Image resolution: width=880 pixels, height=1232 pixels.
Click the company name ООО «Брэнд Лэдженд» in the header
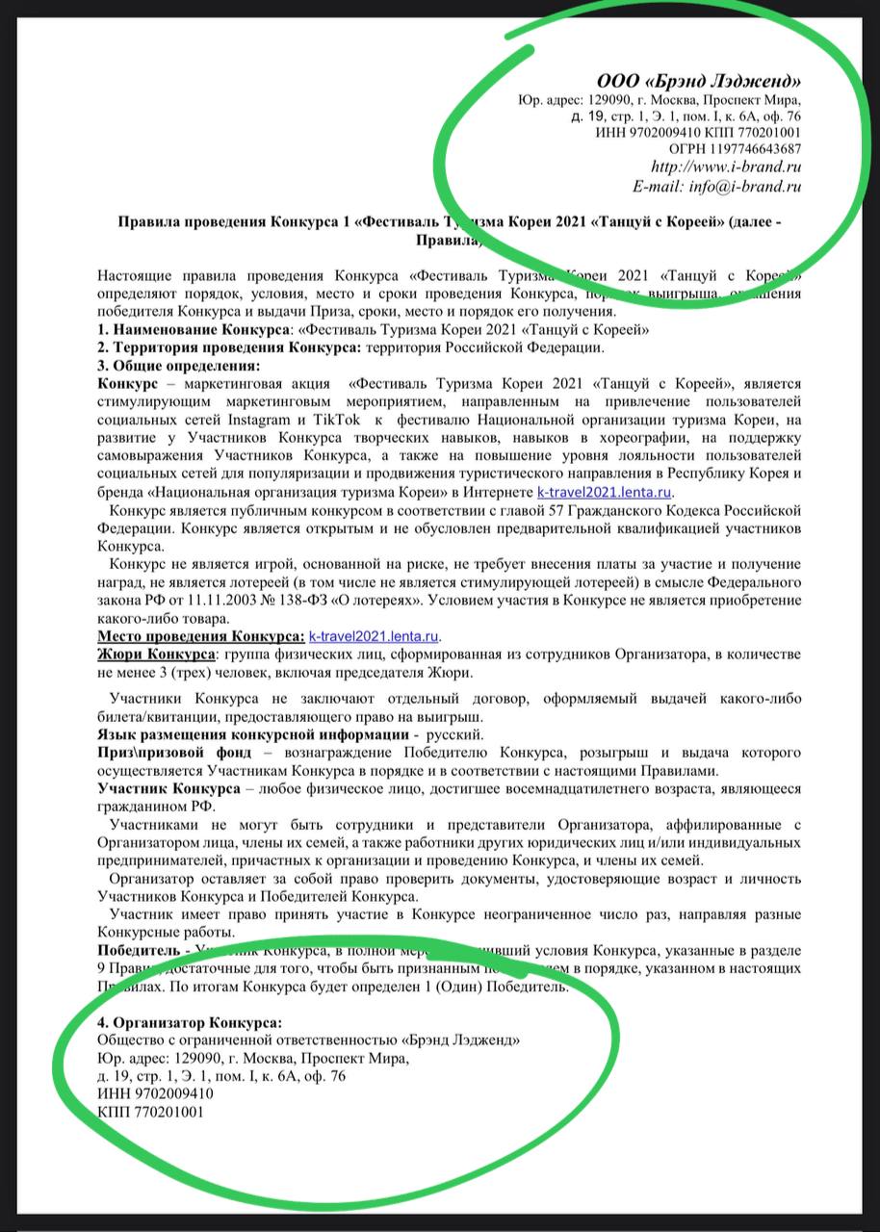pyautogui.click(x=699, y=81)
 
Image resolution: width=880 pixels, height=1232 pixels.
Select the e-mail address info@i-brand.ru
pyautogui.click(x=743, y=187)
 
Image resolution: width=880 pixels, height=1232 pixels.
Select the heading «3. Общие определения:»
pyautogui.click(x=178, y=366)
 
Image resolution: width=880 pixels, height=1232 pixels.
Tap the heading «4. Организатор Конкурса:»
pyautogui.click(x=191, y=1022)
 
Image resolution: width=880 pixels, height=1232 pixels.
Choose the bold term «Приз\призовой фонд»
pyautogui.click(x=174, y=752)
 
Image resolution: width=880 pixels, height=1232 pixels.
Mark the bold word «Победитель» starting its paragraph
pyautogui.click(x=139, y=951)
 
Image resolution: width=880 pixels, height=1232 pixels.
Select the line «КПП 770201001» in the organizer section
pyautogui.click(x=151, y=1112)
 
